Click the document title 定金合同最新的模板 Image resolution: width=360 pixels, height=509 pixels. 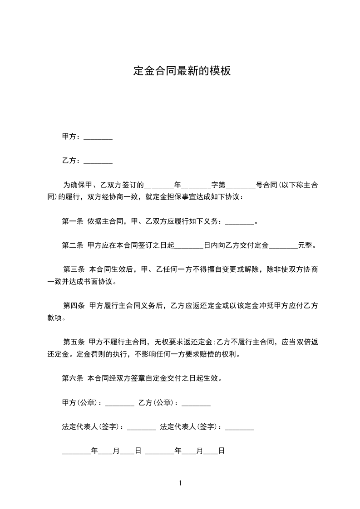tap(182, 71)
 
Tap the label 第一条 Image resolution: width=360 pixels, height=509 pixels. tap(72, 221)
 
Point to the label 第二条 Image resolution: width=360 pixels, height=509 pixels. tap(72, 245)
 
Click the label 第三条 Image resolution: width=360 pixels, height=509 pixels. tap(74, 269)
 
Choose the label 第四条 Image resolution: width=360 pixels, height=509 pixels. tap(74, 305)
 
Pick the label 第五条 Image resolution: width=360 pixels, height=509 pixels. tap(74, 342)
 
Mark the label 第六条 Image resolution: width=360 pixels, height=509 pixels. tap(72, 377)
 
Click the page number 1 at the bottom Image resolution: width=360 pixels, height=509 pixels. tap(180, 483)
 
